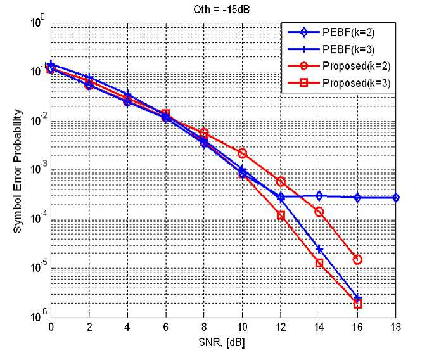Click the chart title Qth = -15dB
click(x=221, y=10)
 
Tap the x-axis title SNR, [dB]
click(x=222, y=342)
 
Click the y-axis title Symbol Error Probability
click(x=18, y=171)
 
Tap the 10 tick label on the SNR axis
click(x=242, y=327)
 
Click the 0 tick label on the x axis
click(x=51, y=327)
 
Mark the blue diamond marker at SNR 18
click(x=396, y=198)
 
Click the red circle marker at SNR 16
click(x=357, y=259)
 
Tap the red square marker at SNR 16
click(x=357, y=304)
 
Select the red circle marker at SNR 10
click(x=243, y=153)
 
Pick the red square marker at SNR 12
click(x=281, y=215)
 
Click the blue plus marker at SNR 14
click(x=319, y=249)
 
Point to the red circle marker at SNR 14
click(x=319, y=212)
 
